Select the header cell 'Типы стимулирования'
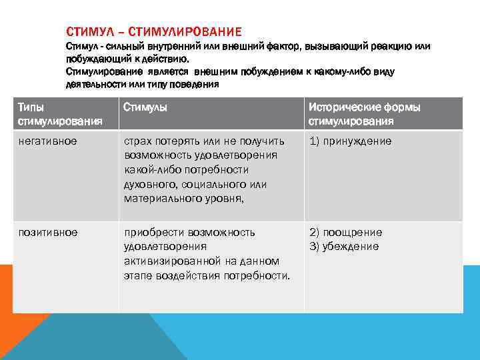pyautogui.click(x=60, y=114)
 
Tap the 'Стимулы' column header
pyautogui.click(x=145, y=107)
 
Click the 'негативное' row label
pyautogui.click(x=47, y=141)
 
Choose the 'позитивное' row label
pyautogui.click(x=47, y=233)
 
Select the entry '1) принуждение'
pyautogui.click(x=349, y=141)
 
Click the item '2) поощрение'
pyautogui.click(x=345, y=233)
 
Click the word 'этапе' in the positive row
pyautogui.click(x=137, y=275)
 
